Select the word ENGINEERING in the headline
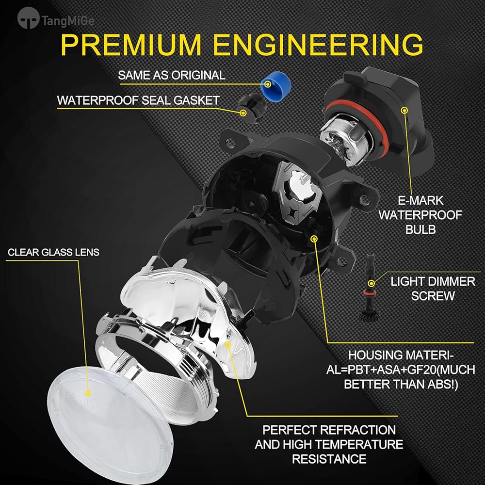click(320, 45)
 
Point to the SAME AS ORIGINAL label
click(172, 75)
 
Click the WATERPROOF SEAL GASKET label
click(138, 100)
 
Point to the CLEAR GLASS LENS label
click(53, 252)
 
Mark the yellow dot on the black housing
click(314, 239)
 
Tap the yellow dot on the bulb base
click(404, 111)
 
